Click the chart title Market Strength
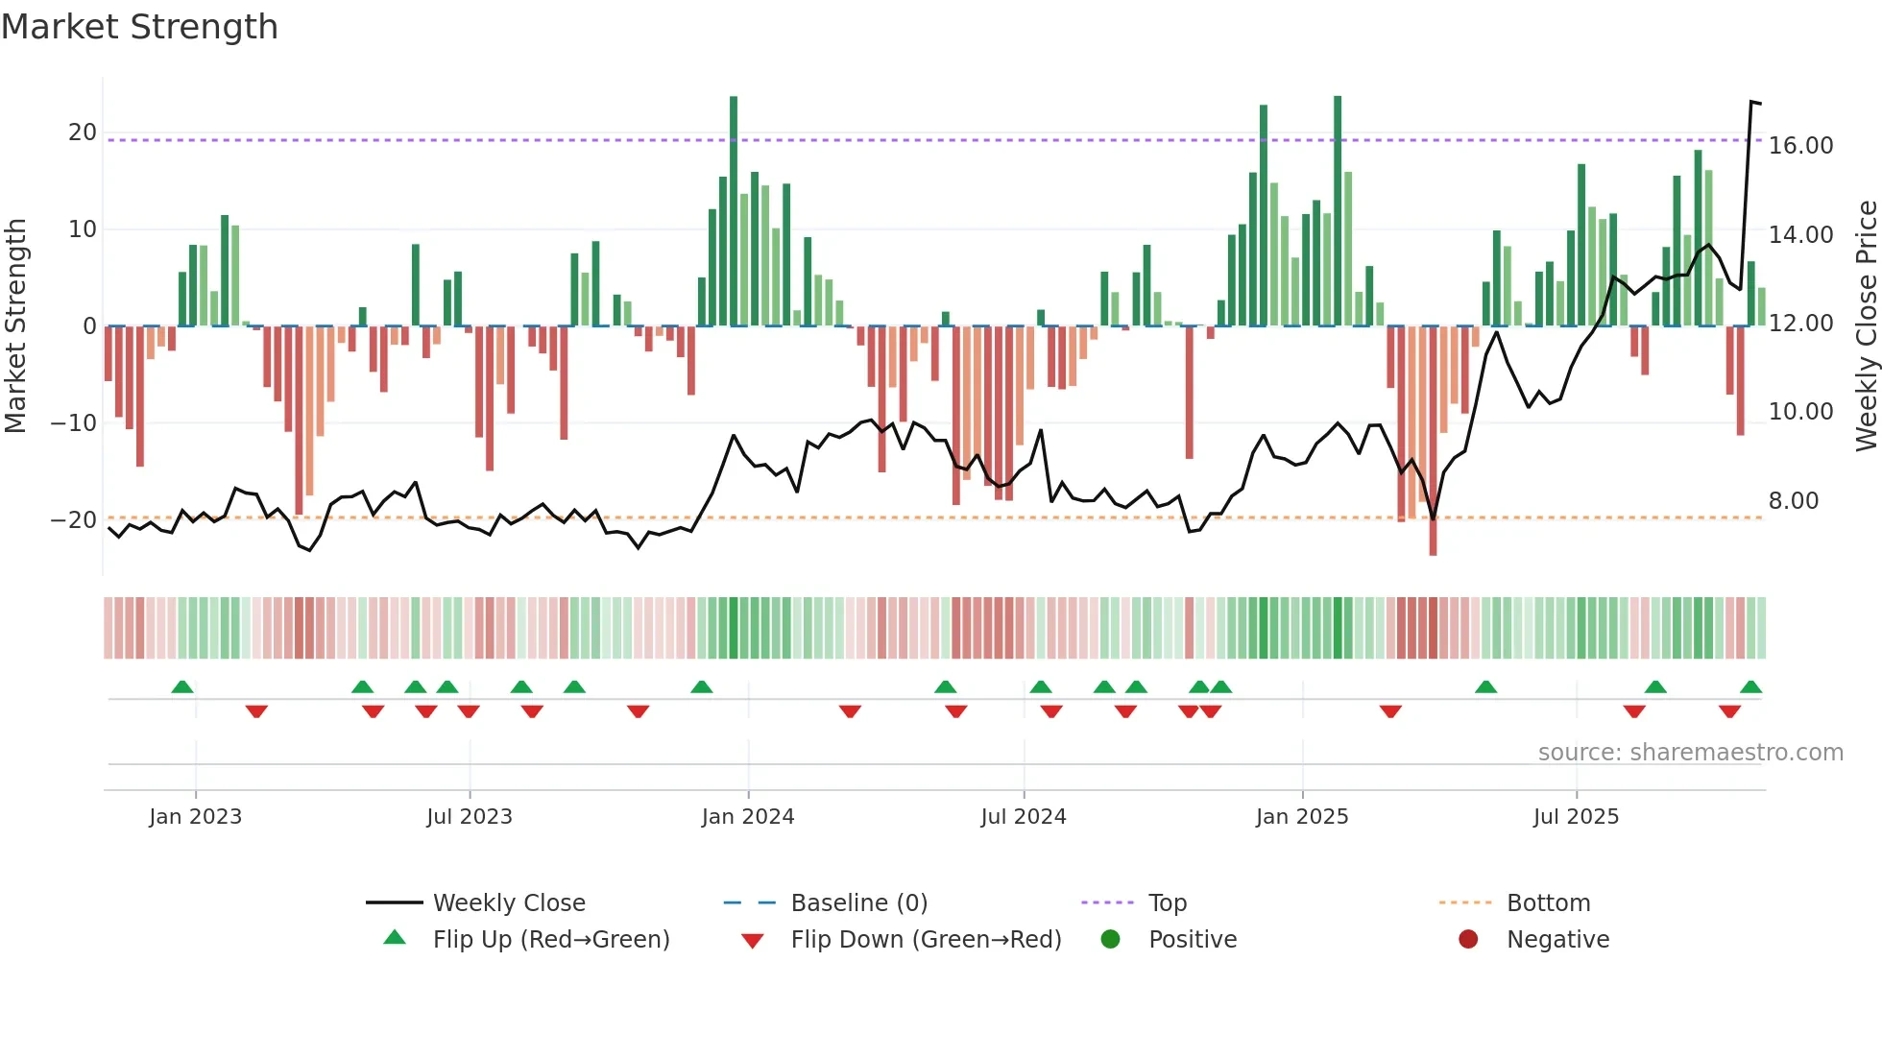[139, 27]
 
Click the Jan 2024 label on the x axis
[748, 817]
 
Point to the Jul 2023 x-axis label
[470, 817]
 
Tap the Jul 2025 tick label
[1576, 817]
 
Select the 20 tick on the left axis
[83, 132]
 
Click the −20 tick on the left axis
[74, 520]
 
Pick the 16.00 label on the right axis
[1800, 146]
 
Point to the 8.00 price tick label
[1793, 501]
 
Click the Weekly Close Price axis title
[1866, 326]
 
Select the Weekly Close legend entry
[508, 903]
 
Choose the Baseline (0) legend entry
[858, 903]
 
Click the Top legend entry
[1167, 903]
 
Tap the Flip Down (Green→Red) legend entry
[926, 940]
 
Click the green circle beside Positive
[1110, 940]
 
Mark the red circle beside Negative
[1468, 940]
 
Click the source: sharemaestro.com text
[1690, 753]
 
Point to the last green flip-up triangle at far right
[1750, 687]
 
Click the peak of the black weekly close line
[1751, 102]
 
